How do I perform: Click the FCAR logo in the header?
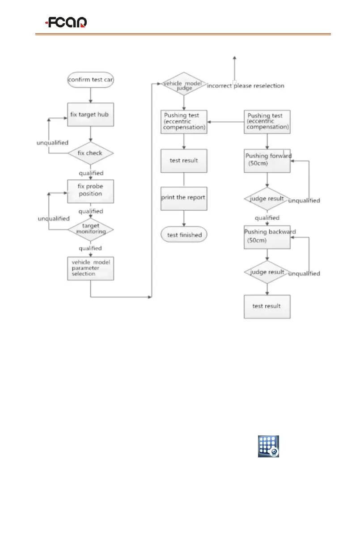(x=66, y=22)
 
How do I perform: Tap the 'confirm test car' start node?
(x=91, y=80)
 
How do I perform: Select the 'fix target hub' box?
(x=91, y=115)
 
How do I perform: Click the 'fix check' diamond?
(x=91, y=153)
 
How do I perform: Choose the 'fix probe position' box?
(x=91, y=191)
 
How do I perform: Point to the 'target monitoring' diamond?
(x=91, y=229)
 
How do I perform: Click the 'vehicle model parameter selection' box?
(x=91, y=268)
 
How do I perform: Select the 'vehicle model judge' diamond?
(x=184, y=84)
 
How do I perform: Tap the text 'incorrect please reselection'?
(x=245, y=85)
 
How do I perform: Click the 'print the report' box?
(x=184, y=198)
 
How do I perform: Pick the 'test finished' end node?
(x=184, y=235)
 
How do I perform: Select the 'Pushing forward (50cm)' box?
(x=267, y=160)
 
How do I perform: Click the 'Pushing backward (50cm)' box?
(x=267, y=236)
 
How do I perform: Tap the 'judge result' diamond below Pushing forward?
(x=267, y=198)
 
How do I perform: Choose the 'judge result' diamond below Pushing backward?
(x=267, y=272)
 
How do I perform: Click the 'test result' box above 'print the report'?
(x=184, y=160)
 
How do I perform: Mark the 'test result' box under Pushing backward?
(x=267, y=307)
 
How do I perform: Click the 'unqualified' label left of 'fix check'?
(x=52, y=143)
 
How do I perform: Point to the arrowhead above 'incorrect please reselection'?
(x=234, y=58)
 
